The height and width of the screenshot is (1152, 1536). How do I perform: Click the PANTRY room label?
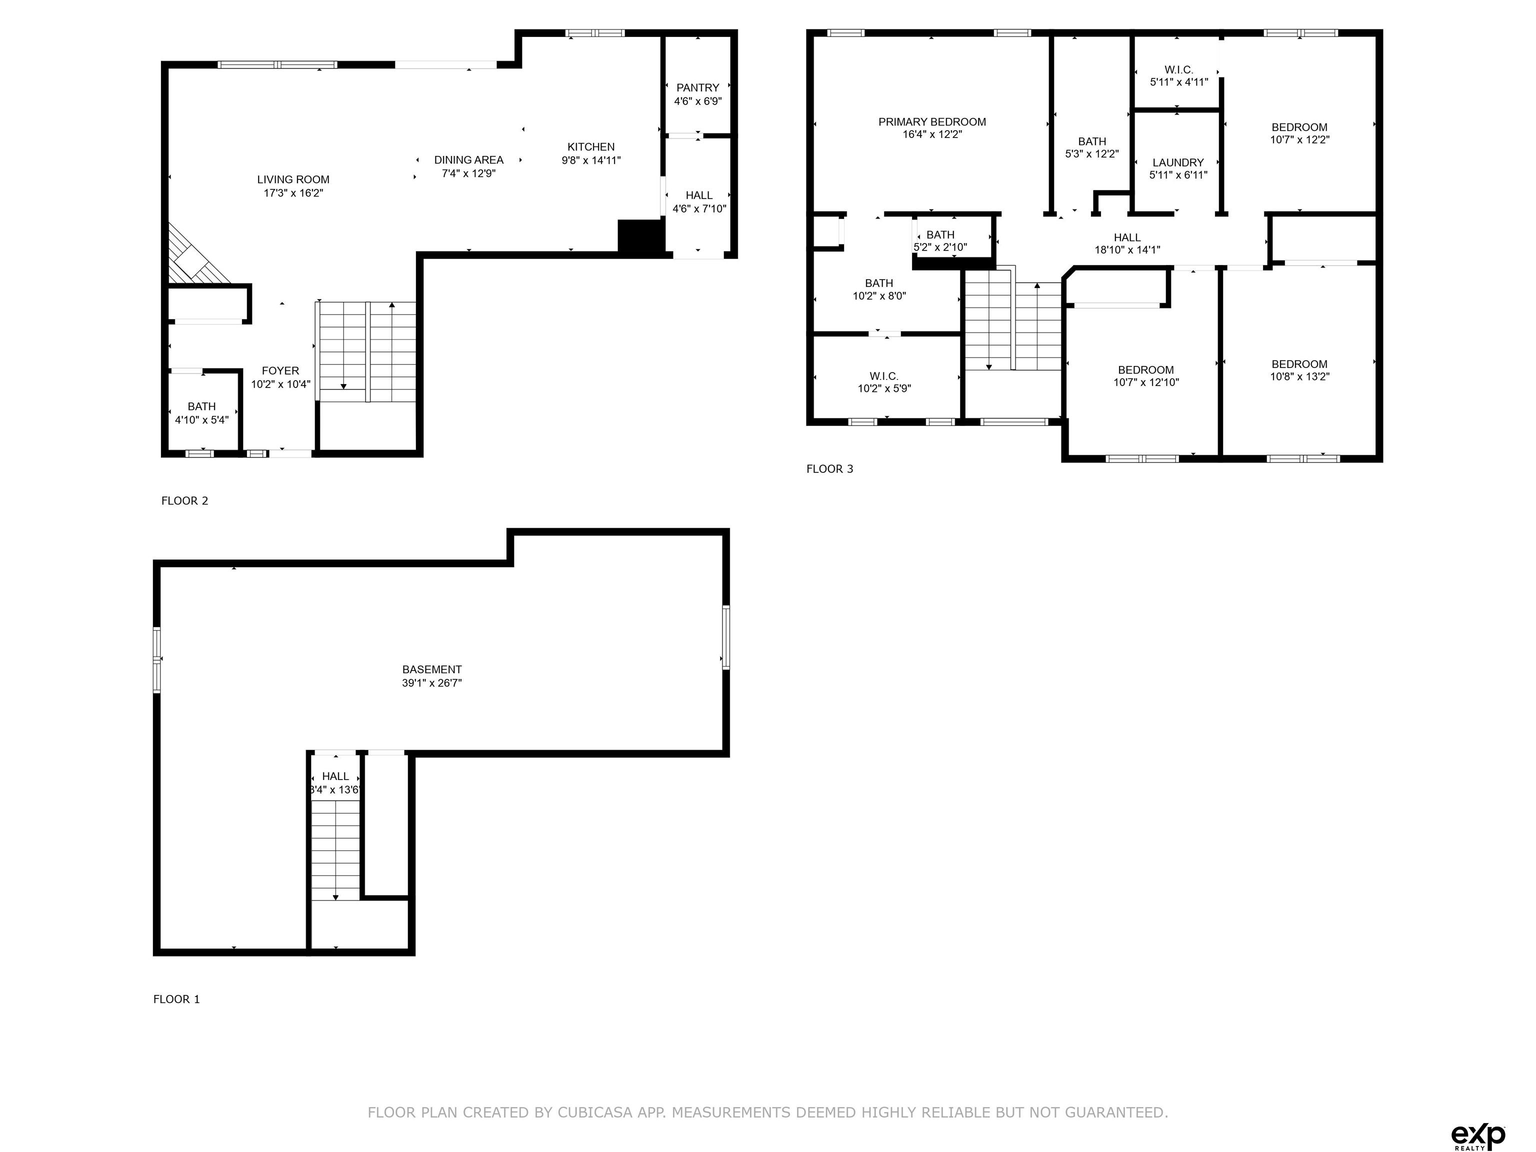[x=698, y=87]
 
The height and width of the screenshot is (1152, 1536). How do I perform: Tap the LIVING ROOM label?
[x=293, y=179]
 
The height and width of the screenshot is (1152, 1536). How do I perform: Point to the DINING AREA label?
[x=468, y=159]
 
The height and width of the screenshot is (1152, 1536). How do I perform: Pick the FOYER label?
[x=280, y=371]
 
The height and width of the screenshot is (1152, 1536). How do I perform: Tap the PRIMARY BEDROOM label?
[x=932, y=122]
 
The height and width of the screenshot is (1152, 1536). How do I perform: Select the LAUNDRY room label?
[x=1178, y=162]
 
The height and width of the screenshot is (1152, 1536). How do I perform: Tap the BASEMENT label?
[x=432, y=669]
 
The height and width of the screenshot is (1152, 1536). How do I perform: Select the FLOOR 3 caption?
[x=830, y=468]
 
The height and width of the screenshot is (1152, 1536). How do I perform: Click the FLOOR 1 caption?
[x=176, y=999]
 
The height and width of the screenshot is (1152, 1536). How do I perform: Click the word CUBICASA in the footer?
[x=595, y=1112]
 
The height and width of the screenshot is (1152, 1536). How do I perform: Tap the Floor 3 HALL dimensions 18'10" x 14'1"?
[x=1127, y=250]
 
